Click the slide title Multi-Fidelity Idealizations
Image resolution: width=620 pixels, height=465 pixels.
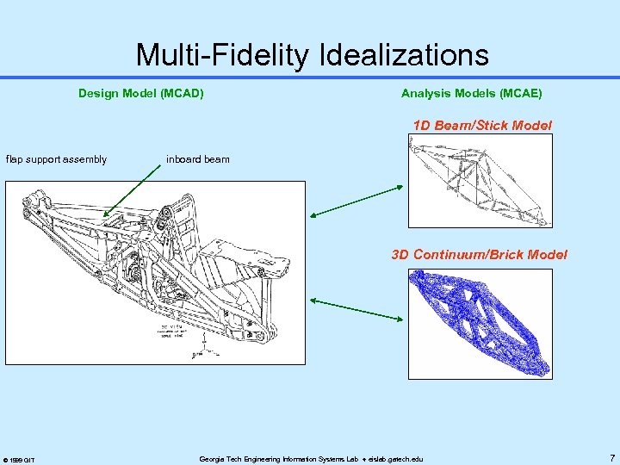[312, 55]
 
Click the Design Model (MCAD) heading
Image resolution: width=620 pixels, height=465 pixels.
[141, 93]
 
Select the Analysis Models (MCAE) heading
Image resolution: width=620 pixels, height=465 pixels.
[472, 93]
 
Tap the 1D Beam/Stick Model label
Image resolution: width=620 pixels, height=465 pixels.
[482, 126]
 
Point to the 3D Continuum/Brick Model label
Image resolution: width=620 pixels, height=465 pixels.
[480, 254]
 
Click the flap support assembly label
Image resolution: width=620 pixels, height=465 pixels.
[57, 159]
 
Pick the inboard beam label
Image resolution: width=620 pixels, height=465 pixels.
[198, 159]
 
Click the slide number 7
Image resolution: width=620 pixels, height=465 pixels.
[611, 458]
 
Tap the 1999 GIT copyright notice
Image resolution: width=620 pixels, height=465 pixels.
[18, 460]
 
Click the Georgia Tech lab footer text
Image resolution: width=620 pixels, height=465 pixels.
[311, 459]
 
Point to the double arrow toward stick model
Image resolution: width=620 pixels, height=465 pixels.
[356, 201]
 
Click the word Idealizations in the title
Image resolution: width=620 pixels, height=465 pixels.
[404, 55]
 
